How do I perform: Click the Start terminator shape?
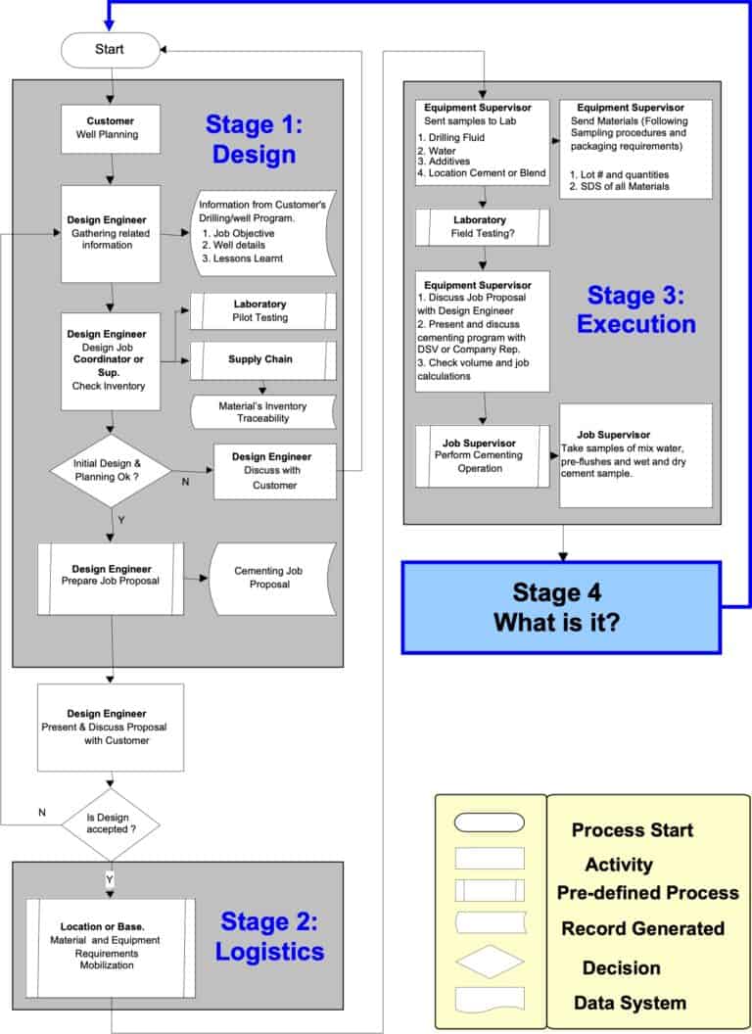pos(111,50)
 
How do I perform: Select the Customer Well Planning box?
pos(111,127)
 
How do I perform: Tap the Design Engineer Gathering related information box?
pos(111,232)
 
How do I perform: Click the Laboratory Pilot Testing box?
pos(262,311)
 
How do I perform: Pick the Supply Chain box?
pos(262,359)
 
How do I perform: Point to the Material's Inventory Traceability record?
pos(262,411)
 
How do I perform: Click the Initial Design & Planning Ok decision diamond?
pos(111,470)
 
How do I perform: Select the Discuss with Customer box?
pos(274,471)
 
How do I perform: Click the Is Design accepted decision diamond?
pos(111,821)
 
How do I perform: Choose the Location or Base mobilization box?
pos(110,947)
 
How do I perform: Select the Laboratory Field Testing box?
pos(483,227)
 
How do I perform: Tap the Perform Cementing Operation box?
pos(480,455)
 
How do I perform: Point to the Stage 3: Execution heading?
pos(636,309)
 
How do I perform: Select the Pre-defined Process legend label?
pos(648,893)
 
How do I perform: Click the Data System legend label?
pos(630,1003)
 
